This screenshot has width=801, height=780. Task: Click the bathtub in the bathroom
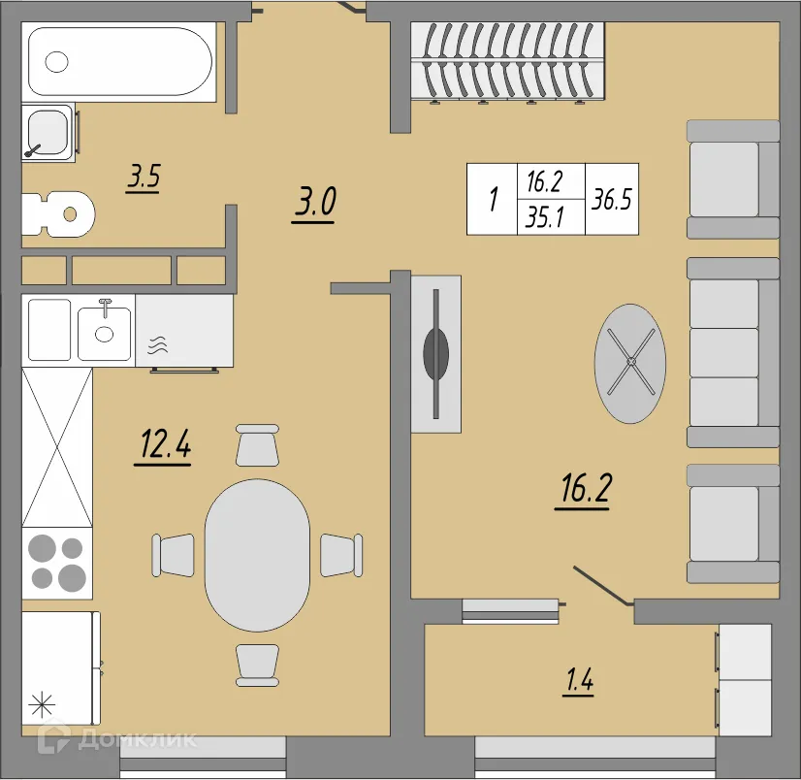click(119, 61)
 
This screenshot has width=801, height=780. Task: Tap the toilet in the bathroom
click(58, 214)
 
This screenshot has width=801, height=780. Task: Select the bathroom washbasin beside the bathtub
click(48, 132)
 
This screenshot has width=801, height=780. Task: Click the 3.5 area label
click(144, 178)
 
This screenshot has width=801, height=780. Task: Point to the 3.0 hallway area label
click(314, 204)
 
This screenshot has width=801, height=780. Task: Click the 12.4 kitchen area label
click(164, 445)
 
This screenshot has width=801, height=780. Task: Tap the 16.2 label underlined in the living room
click(585, 490)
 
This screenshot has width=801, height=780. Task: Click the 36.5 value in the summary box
click(612, 199)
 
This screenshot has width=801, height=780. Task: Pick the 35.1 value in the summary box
click(545, 217)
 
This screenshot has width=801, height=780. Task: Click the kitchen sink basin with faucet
click(104, 332)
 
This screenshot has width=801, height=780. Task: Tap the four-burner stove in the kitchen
click(57, 563)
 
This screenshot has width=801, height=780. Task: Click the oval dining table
click(257, 555)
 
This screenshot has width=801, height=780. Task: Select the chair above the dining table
click(258, 444)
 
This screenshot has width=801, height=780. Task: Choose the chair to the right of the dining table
click(341, 555)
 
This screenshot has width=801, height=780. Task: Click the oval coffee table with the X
click(630, 363)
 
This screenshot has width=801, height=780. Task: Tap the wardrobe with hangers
click(507, 60)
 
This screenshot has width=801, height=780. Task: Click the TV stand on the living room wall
click(436, 354)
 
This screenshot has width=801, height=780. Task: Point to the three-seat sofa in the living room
click(733, 353)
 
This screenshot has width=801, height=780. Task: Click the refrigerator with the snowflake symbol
click(61, 668)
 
